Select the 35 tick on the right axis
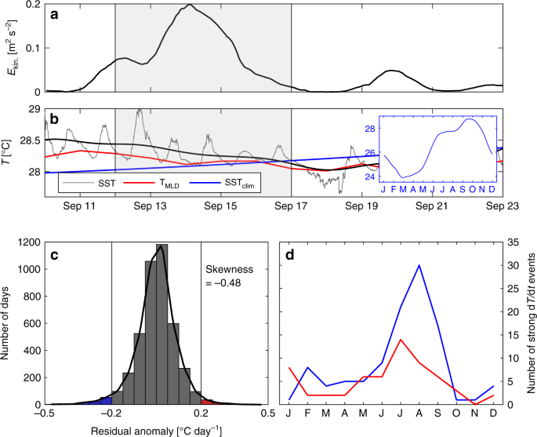513,243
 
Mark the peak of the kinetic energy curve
190,5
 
